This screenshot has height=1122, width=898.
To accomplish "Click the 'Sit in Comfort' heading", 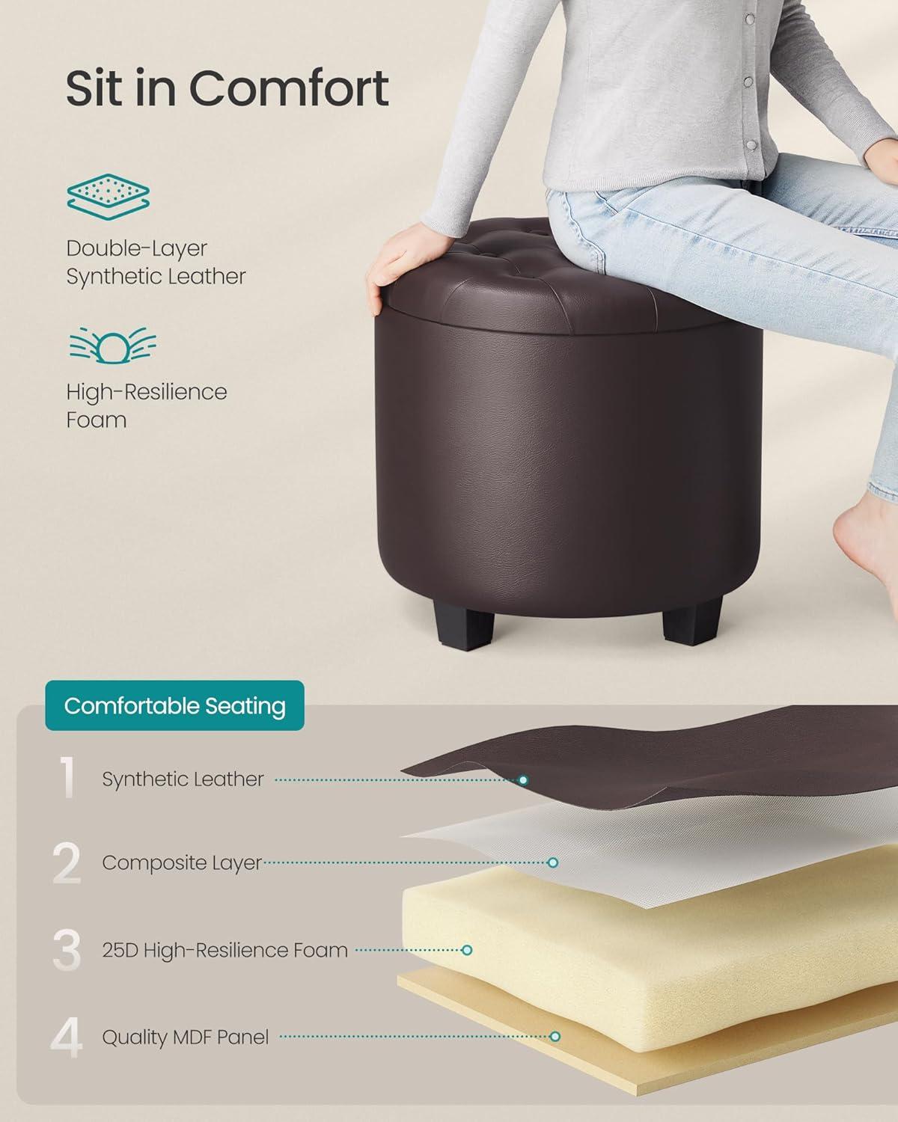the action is click(x=227, y=88).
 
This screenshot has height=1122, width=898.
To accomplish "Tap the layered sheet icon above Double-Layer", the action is click(x=109, y=197).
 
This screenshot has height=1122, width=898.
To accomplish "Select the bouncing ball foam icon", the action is click(x=113, y=345).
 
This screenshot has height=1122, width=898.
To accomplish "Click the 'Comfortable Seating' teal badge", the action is click(x=175, y=706).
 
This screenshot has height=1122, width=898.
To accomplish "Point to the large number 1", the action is click(x=67, y=777).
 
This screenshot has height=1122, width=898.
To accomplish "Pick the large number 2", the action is click(x=67, y=863).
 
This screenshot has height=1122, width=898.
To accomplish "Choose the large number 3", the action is click(x=67, y=950).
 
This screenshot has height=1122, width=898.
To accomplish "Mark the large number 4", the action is click(x=67, y=1037).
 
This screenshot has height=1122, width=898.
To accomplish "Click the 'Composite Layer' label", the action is click(x=182, y=863).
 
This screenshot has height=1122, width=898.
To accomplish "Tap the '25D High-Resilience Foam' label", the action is click(x=225, y=950).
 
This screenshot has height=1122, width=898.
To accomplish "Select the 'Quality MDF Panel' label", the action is click(x=186, y=1037).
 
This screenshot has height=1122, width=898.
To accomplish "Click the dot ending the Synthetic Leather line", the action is click(x=523, y=780).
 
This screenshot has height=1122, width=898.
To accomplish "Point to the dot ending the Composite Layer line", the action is click(x=553, y=863).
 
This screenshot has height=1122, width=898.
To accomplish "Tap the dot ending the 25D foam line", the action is click(x=467, y=950).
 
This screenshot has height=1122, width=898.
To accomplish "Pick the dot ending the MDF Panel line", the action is click(x=555, y=1037).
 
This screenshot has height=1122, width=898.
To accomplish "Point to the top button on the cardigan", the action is click(x=750, y=19).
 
